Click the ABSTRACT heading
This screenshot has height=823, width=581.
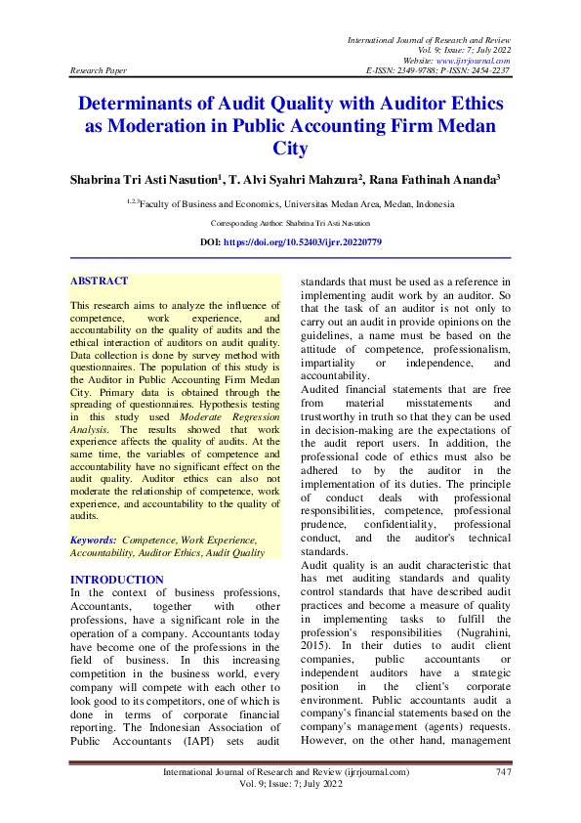[99, 281]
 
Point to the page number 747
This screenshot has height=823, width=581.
[503, 772]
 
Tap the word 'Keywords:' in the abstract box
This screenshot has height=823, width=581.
[93, 539]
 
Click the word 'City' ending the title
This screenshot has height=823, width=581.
[291, 149]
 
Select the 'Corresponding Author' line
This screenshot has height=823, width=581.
[290, 223]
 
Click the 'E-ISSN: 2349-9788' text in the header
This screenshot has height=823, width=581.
[398, 72]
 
